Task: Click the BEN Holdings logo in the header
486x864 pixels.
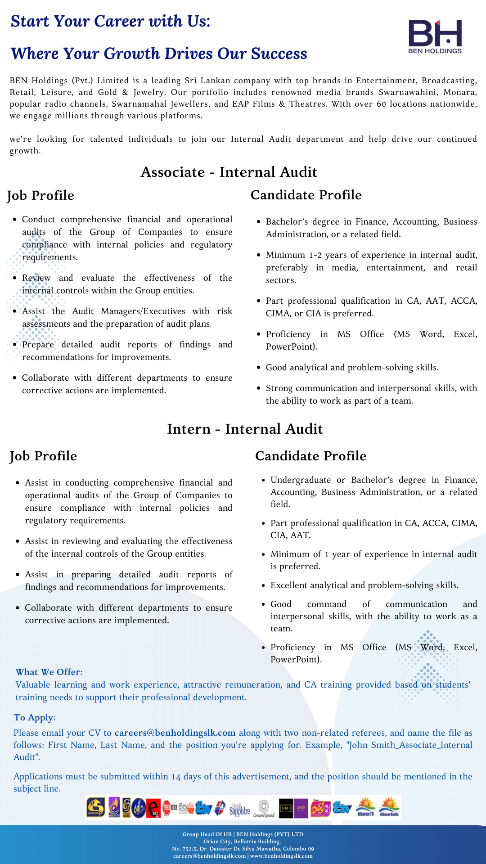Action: tap(435, 36)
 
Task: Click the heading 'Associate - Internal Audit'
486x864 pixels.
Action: tap(229, 172)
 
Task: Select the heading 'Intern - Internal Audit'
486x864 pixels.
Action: tap(245, 429)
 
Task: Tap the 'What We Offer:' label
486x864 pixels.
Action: tap(49, 672)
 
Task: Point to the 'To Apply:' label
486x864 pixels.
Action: tap(35, 717)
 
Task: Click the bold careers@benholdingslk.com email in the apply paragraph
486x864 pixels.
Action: tap(175, 733)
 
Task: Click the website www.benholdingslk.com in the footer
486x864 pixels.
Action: tap(281, 856)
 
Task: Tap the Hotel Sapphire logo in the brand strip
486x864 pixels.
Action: tap(239, 808)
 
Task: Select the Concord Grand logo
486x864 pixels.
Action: tap(264, 808)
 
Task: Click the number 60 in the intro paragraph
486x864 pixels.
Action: tap(381, 104)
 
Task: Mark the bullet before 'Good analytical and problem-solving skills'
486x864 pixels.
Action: tap(258, 368)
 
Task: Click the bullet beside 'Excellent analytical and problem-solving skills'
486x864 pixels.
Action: tap(263, 585)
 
